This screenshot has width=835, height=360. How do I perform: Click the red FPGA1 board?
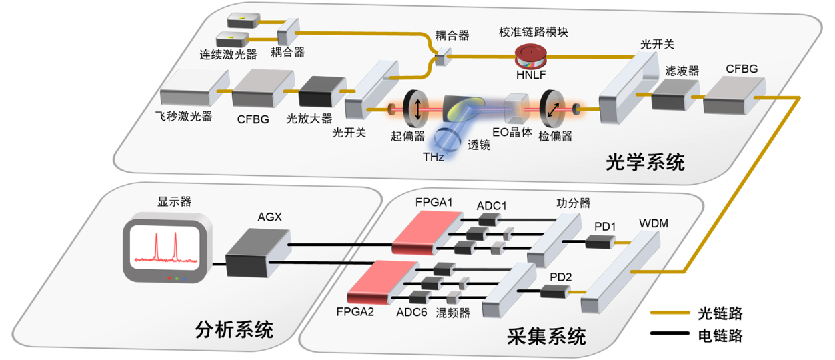click(x=427, y=232)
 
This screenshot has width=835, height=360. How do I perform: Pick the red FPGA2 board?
click(x=383, y=281)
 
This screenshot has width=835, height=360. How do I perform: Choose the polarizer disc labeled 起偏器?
click(x=417, y=108)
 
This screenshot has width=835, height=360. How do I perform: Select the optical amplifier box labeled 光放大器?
click(x=319, y=91)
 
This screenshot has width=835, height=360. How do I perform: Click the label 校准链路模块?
click(x=534, y=31)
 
